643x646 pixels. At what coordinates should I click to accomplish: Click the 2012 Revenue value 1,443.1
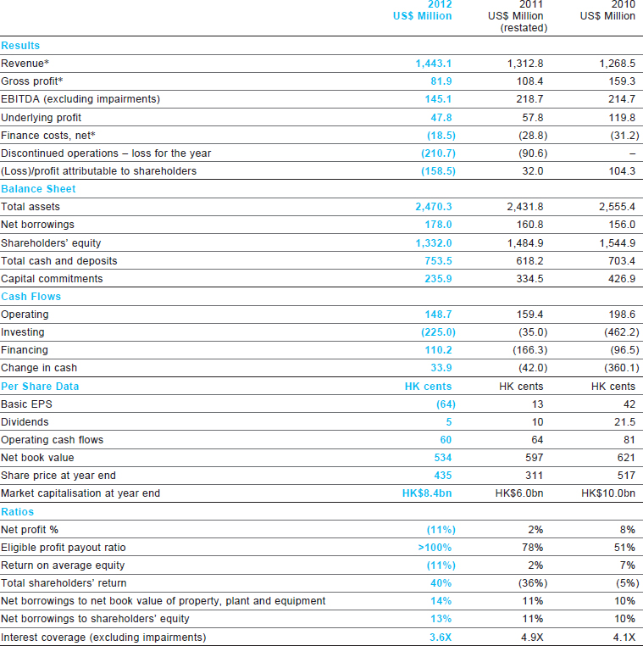(434, 64)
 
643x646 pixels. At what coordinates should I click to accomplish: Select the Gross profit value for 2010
(622, 81)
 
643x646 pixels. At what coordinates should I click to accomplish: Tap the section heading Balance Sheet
(38, 189)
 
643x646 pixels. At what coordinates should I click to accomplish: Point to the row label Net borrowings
(37, 225)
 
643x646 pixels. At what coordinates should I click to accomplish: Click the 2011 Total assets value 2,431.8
(525, 207)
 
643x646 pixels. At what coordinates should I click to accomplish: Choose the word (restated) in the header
(524, 28)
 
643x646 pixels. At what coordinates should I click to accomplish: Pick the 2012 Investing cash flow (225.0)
(438, 332)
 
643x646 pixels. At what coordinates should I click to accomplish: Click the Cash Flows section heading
(30, 297)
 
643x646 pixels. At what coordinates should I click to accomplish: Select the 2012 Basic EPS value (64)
(446, 404)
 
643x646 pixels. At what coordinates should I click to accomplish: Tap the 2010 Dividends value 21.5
(624, 422)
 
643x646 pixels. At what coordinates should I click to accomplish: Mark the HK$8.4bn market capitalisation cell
(427, 493)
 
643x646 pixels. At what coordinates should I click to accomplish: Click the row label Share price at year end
(58, 476)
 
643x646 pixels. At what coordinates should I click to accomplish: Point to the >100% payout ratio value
(435, 548)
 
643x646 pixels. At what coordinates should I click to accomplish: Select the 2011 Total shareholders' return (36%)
(529, 583)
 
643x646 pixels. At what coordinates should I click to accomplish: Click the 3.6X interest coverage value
(441, 637)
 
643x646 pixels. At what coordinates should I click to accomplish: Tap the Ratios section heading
(17, 512)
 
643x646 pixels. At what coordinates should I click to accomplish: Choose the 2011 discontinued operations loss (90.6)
(533, 153)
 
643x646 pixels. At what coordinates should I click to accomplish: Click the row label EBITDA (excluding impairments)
(80, 99)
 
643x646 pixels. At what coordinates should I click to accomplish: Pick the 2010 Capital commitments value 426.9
(622, 279)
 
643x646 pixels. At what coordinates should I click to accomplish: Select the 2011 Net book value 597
(534, 458)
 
